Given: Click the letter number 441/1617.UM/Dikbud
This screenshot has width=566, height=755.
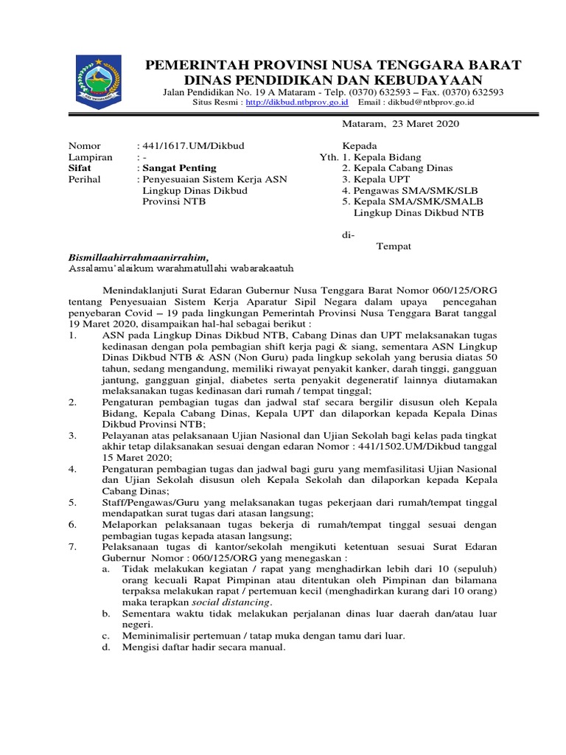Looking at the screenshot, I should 189,146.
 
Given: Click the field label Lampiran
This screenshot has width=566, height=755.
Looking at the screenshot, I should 91,157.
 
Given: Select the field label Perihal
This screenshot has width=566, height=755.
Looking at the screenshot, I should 86,179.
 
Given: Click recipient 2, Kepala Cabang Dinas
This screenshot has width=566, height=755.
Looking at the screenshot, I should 397,168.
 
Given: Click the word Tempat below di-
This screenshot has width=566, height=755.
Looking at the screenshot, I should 394,246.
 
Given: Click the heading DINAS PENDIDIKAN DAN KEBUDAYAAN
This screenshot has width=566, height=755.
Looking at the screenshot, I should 333,80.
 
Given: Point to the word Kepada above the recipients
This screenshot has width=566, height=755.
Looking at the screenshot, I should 360,146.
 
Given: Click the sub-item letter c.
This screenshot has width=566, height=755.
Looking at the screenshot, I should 106,636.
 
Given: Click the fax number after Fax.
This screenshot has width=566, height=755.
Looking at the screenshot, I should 478,92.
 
